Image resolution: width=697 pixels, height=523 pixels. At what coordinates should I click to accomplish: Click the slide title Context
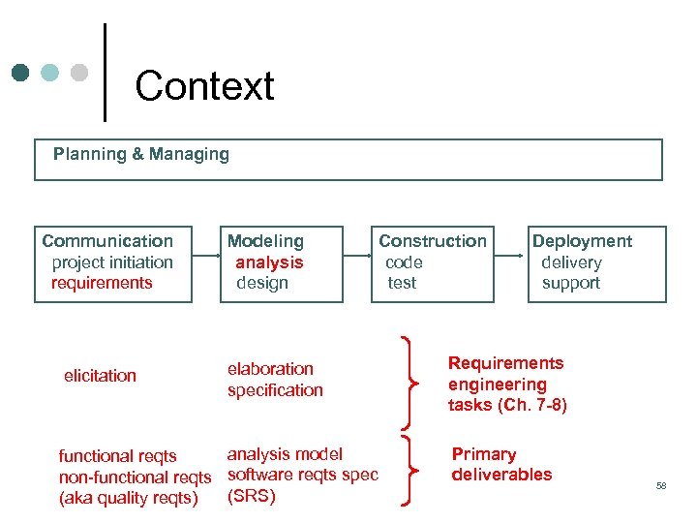204,86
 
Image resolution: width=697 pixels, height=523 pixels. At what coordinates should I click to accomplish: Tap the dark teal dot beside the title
21,73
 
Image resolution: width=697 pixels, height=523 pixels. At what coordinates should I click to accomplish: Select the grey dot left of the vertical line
80,73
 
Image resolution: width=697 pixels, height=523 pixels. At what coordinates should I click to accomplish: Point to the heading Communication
107,241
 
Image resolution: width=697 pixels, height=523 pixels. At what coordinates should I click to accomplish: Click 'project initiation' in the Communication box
112,262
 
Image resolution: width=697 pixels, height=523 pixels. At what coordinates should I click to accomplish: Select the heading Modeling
265,241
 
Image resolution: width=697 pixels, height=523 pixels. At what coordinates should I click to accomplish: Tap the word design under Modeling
262,283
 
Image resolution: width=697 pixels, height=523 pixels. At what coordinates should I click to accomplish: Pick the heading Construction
433,241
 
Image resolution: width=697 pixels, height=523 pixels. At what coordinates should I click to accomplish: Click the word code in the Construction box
404,262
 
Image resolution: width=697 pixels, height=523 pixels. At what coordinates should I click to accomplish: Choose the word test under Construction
402,283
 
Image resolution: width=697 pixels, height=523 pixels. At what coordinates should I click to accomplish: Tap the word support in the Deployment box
571,283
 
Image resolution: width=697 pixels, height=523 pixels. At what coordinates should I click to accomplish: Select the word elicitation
100,376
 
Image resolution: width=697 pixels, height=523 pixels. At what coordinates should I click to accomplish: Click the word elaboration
270,369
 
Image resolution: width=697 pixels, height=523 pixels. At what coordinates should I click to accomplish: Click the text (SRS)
252,496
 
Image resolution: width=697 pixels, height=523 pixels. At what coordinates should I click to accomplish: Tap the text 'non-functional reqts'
135,477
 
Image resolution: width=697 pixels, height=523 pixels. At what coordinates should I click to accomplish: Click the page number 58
661,485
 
